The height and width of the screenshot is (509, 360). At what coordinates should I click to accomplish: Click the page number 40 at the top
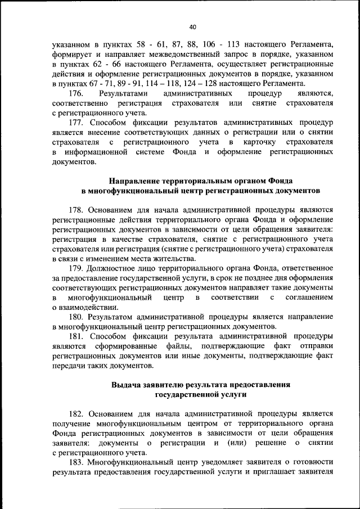(x=192, y=26)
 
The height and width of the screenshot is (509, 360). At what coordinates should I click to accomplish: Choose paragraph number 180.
(x=76, y=317)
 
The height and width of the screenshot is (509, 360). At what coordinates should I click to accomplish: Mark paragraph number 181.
(x=76, y=336)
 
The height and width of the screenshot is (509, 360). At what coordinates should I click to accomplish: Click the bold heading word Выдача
(x=127, y=385)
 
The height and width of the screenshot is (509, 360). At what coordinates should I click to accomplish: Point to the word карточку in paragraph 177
(x=264, y=142)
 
